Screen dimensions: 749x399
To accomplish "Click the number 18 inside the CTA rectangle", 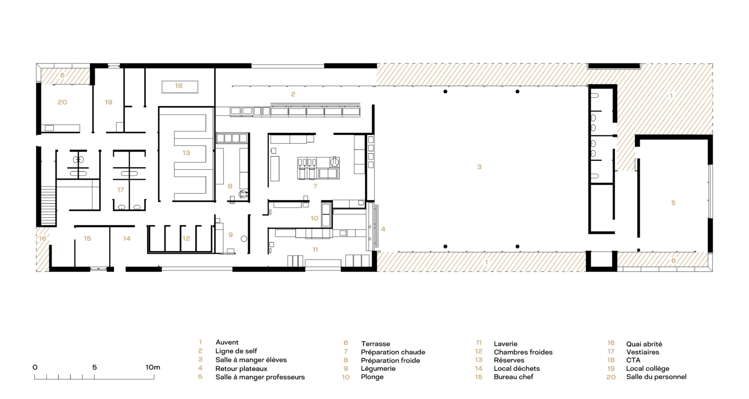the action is tap(179, 86).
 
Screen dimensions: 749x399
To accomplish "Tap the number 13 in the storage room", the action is tap(186, 153).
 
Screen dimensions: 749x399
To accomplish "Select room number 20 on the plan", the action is tap(62, 102).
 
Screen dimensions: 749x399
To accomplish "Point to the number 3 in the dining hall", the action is tap(479, 167).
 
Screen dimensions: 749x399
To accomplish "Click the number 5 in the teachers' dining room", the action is tap(674, 203).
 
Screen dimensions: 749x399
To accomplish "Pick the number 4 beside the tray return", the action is tap(383, 229).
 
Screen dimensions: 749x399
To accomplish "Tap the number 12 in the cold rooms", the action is tap(186, 239).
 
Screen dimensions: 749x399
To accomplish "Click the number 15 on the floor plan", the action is tap(87, 239).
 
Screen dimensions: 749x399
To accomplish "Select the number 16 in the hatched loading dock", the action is tap(43, 239).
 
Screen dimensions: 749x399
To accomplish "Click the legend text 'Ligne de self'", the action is tap(236, 351).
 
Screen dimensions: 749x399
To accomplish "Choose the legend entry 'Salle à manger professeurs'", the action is tap(260, 377).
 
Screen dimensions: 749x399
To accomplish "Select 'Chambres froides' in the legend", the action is tap(523, 352).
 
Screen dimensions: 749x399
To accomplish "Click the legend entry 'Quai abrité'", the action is tap(644, 344).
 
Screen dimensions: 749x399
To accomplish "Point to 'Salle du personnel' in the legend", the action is tap(656, 377).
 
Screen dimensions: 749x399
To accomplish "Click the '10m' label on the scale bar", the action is tap(153, 367).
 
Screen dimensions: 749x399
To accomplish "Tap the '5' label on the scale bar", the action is tap(95, 367).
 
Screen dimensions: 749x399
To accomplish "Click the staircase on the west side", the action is tap(48, 206).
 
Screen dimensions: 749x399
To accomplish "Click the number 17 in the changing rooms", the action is tap(121, 190).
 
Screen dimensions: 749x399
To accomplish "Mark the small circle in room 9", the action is tap(244, 239).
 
